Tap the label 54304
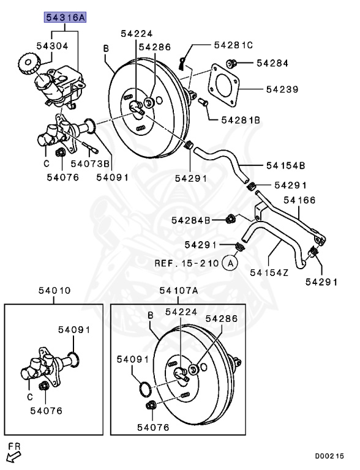51,45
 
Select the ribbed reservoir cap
27,63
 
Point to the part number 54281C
233,45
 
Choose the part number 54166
298,200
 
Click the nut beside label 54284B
231,219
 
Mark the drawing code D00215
329,456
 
